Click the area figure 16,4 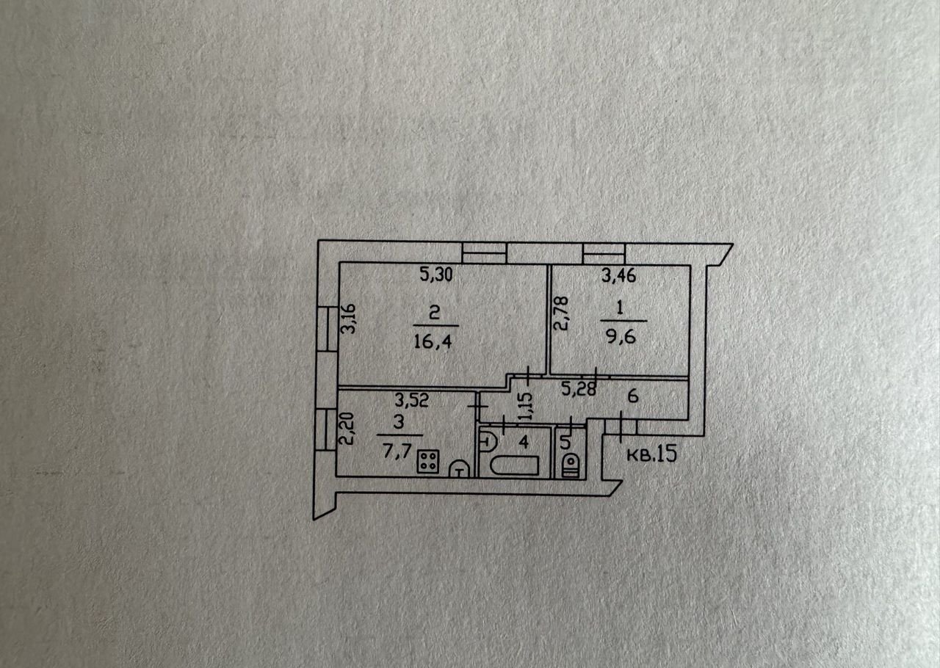[435, 341]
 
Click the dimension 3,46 [618, 277]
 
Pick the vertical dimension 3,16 [350, 319]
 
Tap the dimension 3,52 [411, 401]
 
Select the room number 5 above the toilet [564, 443]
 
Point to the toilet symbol [571, 465]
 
